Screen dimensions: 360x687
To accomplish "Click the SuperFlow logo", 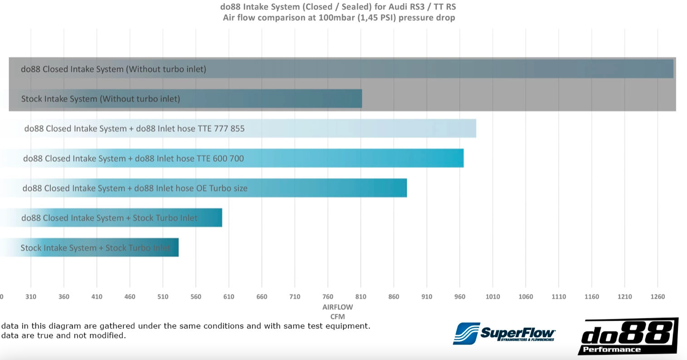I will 504,333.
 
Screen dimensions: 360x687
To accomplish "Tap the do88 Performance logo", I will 628,337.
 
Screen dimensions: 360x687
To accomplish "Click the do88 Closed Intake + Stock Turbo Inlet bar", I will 111,218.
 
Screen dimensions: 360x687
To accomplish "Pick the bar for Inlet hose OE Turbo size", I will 203,188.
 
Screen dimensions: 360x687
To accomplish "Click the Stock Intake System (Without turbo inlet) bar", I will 185,98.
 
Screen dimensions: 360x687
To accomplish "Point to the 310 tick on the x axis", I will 31,297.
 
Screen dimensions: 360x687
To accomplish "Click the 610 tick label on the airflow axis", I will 229,297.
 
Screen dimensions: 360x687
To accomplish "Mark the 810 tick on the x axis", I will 361,297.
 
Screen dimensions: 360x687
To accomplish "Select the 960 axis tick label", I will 460,297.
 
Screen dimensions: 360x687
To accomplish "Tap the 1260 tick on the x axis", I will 658,297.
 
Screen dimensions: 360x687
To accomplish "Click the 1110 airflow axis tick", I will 559,297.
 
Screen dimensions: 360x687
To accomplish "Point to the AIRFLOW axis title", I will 337,307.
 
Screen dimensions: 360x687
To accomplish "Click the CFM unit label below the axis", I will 337,317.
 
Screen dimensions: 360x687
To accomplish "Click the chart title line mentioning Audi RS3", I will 337,7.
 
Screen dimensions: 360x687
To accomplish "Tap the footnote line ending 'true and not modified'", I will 64,336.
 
